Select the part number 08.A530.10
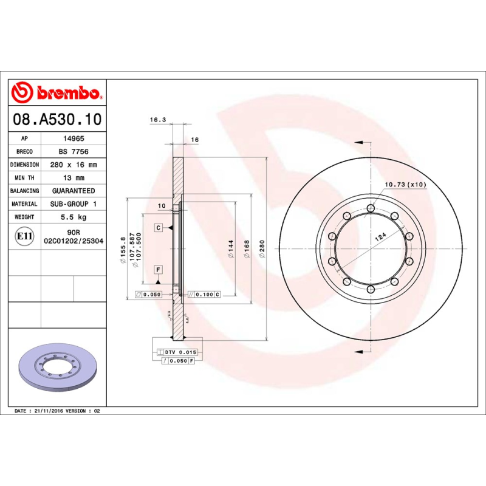click(x=57, y=119)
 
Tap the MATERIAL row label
click(x=25, y=204)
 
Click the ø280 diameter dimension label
click(x=262, y=248)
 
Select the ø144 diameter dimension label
click(x=231, y=249)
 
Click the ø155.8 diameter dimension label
click(x=123, y=250)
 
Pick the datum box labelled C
click(x=158, y=227)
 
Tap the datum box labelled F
click(x=158, y=269)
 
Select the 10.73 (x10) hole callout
click(x=405, y=184)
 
